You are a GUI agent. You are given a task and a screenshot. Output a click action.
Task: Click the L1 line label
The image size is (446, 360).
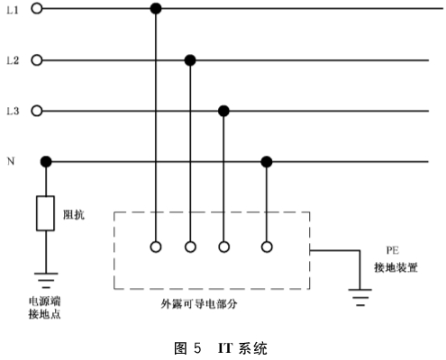13,10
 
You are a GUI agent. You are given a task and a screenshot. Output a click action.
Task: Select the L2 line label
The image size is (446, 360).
13,60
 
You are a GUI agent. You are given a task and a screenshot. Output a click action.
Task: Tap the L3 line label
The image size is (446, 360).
13,112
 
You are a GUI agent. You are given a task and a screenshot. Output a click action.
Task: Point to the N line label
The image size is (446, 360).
11,161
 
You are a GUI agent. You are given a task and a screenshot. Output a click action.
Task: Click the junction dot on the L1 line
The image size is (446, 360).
156,8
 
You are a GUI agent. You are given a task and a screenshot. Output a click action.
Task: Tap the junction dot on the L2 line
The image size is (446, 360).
190,60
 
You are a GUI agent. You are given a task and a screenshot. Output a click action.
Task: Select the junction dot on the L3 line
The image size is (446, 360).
223,111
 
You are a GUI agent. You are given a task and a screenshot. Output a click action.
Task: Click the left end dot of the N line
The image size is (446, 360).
46,162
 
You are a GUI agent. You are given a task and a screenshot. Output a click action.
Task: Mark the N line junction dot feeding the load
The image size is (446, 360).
267,162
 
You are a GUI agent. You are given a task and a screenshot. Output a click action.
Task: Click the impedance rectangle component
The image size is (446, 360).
45,213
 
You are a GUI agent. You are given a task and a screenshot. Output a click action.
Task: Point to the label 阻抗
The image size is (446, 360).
74,214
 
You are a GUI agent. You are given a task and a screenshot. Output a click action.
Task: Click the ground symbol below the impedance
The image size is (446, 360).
46,280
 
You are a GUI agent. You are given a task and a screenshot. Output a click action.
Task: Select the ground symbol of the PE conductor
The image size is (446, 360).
360,297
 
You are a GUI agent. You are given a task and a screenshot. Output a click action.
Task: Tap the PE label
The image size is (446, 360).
393,250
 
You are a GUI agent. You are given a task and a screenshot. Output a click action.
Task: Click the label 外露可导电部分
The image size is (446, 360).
199,304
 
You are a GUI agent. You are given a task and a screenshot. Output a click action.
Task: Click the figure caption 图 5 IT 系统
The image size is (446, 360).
221,348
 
